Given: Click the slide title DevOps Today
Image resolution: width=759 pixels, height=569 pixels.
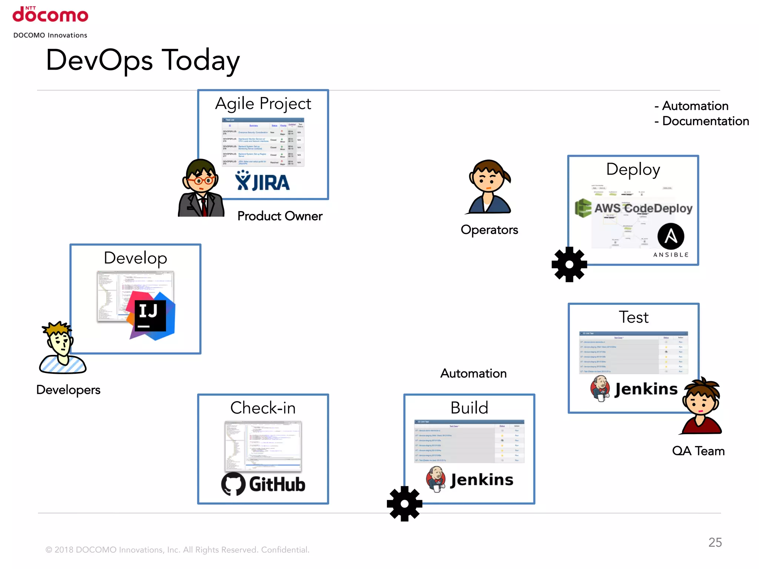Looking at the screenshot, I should click(143, 60).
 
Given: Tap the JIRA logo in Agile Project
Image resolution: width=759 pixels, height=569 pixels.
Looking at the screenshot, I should click(262, 182).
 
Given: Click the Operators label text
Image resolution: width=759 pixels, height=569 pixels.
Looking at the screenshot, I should click(489, 230).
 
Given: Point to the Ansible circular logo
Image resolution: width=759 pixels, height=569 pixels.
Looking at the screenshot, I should click(671, 236).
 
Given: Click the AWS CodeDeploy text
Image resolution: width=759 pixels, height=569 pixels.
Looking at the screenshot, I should click(643, 208).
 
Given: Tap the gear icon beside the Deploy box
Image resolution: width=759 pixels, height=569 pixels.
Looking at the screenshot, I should click(569, 264).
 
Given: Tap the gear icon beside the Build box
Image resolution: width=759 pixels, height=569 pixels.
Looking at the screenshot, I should click(404, 504).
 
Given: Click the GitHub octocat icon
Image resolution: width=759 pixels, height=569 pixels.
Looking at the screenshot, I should click(233, 484).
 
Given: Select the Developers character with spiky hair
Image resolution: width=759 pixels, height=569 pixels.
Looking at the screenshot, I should click(62, 348).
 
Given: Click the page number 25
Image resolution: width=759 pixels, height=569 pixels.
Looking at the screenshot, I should click(715, 542).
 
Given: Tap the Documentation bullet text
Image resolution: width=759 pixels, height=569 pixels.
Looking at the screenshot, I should click(705, 121).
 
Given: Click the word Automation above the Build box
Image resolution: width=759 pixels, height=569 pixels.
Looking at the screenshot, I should click(473, 373).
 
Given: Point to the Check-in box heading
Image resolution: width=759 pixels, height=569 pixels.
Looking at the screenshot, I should click(263, 408).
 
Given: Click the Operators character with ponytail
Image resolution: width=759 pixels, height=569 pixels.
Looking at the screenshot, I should click(489, 187).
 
